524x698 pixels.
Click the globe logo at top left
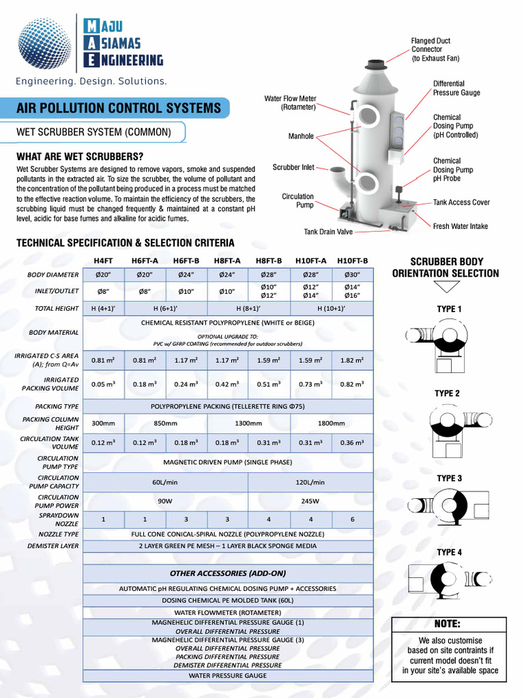coord(44,42)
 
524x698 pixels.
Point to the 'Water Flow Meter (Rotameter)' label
coord(290,103)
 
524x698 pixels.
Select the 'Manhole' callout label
coord(301,136)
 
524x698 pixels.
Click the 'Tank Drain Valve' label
coord(328,232)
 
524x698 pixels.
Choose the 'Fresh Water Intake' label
coord(461,226)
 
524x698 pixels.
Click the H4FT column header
coord(103,260)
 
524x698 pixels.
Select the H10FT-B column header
coord(352,260)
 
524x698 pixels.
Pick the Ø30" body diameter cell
coord(352,275)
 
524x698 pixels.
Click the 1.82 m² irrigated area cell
coord(352,360)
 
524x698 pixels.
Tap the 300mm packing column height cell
coord(103,423)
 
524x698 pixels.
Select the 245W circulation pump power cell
coord(310,501)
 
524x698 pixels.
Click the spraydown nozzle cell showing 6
coord(352,519)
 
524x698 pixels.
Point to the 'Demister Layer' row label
coord(53,546)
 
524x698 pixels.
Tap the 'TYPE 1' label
coord(449,309)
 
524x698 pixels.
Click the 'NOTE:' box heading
coord(448,624)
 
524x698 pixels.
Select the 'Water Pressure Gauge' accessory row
coord(228,676)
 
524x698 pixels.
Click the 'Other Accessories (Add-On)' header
coord(228,573)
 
